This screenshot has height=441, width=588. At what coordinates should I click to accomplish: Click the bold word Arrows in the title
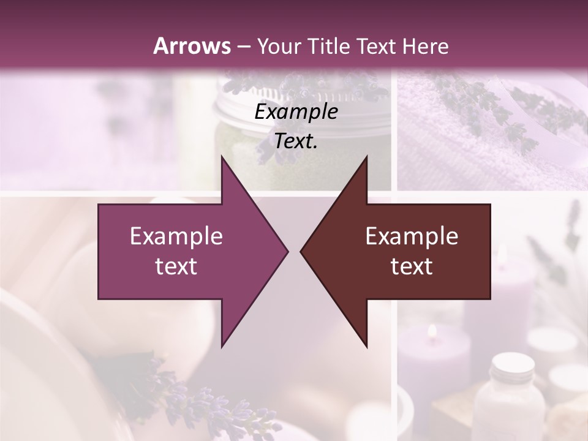191,46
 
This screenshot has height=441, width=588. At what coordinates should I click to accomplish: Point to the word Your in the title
279,46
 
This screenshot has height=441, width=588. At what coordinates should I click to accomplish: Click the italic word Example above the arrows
296,112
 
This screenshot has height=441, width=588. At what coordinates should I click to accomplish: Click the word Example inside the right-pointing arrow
176,236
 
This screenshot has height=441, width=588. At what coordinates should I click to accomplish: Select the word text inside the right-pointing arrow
176,266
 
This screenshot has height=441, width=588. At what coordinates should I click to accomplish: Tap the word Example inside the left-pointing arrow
412,236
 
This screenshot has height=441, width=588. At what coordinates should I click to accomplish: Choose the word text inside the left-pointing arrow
412,266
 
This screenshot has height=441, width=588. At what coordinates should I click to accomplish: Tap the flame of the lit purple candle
432,331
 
